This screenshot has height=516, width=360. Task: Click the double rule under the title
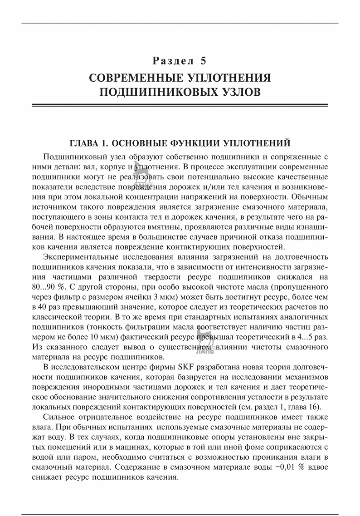pos(180,105)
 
